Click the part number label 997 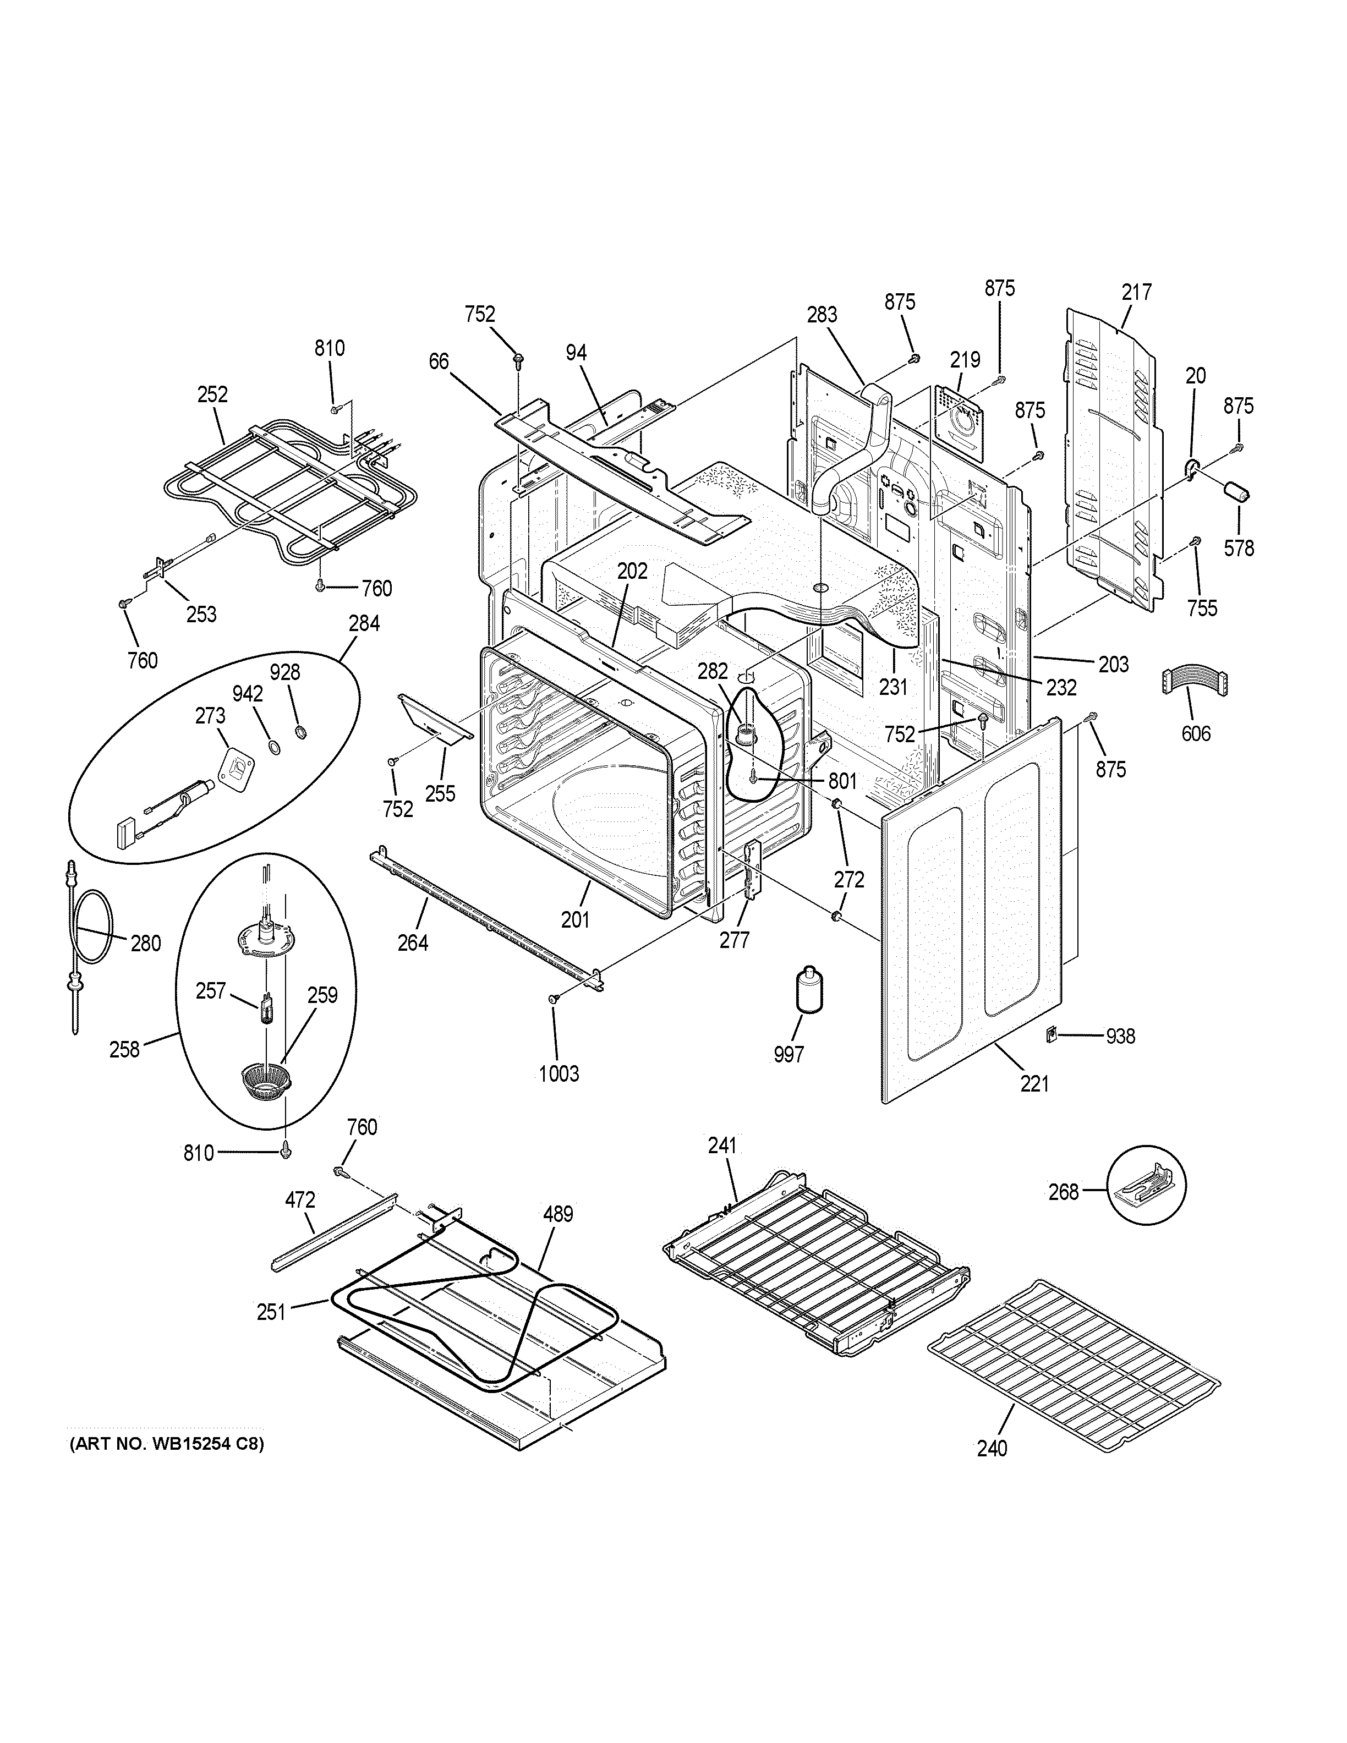[x=789, y=1054]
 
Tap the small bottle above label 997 [x=809, y=990]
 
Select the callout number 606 [x=1195, y=733]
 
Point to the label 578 [x=1239, y=549]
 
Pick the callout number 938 [x=1120, y=1036]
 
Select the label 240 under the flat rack [x=992, y=1448]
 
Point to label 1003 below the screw [x=558, y=1073]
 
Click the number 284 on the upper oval [x=364, y=623]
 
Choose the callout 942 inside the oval [x=248, y=694]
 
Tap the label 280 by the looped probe [x=145, y=944]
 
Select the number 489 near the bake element [x=558, y=1214]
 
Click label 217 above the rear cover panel [x=1136, y=292]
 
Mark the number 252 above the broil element [x=212, y=394]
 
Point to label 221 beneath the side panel [x=1034, y=1084]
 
